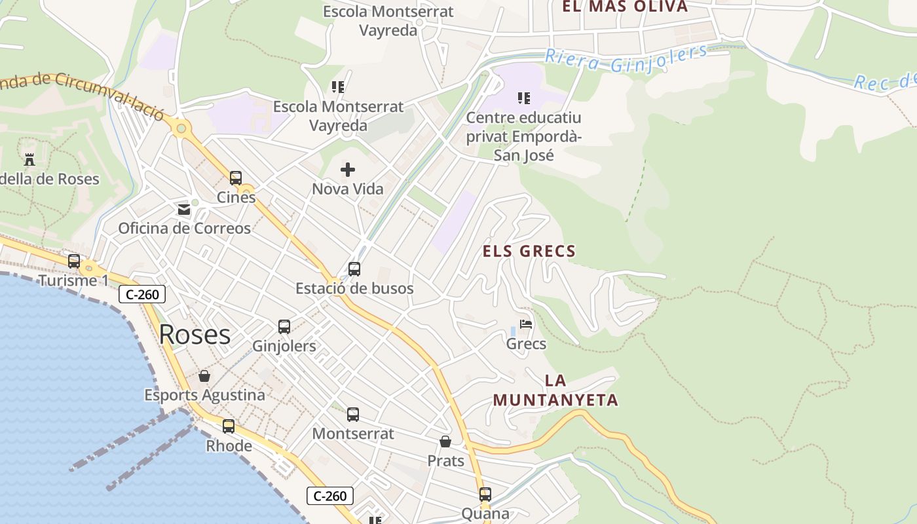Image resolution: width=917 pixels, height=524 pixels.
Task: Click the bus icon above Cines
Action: coord(236,178)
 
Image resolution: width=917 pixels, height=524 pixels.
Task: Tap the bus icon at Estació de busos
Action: coord(354,269)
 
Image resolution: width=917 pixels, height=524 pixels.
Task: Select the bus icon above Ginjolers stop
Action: coord(284,326)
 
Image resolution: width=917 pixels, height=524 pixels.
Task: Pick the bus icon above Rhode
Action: coord(229,426)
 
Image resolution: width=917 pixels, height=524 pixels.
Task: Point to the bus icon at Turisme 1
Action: coord(74,261)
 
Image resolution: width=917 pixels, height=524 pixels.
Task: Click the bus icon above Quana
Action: coord(485,495)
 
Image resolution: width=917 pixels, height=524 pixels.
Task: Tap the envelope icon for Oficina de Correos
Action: coord(184,210)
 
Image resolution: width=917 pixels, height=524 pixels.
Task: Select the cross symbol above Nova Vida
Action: coord(348,170)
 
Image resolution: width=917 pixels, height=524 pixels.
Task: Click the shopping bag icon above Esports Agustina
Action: coord(204,376)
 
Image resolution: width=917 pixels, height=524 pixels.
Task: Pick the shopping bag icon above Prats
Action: coord(445,441)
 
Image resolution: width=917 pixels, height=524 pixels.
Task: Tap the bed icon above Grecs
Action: coord(526,324)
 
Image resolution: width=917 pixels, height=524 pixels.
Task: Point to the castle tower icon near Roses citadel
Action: coord(29,159)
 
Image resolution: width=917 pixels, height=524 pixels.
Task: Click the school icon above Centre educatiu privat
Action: coord(523,98)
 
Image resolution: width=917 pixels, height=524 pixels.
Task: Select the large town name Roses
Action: coord(195,335)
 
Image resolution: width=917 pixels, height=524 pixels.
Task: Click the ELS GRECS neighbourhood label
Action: coord(529,251)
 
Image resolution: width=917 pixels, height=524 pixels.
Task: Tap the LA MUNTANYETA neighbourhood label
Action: coord(555,390)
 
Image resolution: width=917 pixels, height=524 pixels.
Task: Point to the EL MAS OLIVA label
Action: coord(625,7)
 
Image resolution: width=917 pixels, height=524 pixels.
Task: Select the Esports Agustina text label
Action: coord(205,395)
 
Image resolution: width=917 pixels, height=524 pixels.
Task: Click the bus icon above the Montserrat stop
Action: coord(353,414)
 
